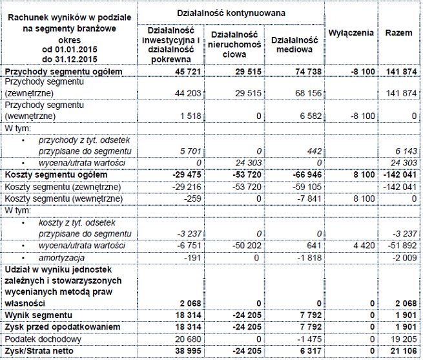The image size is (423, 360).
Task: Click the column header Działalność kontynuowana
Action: (x=231, y=12)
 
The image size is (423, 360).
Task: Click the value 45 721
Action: (x=185, y=72)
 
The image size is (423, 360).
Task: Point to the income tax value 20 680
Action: (x=185, y=339)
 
